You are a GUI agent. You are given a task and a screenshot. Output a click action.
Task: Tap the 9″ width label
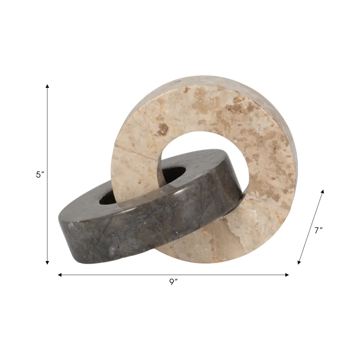(173, 282)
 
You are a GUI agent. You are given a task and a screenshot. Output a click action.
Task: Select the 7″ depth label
(319, 230)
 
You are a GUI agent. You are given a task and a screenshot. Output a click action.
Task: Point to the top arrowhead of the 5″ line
(47, 86)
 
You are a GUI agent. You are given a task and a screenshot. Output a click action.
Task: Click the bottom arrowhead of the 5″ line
(47, 262)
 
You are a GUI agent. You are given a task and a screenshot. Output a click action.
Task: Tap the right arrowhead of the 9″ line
(287, 274)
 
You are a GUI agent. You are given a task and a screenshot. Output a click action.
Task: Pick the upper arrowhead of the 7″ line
(322, 192)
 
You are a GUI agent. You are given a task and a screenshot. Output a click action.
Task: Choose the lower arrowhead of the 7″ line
(299, 262)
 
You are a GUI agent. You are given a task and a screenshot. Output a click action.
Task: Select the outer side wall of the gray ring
(135, 229)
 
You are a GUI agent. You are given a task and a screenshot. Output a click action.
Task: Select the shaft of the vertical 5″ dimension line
(47, 135)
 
